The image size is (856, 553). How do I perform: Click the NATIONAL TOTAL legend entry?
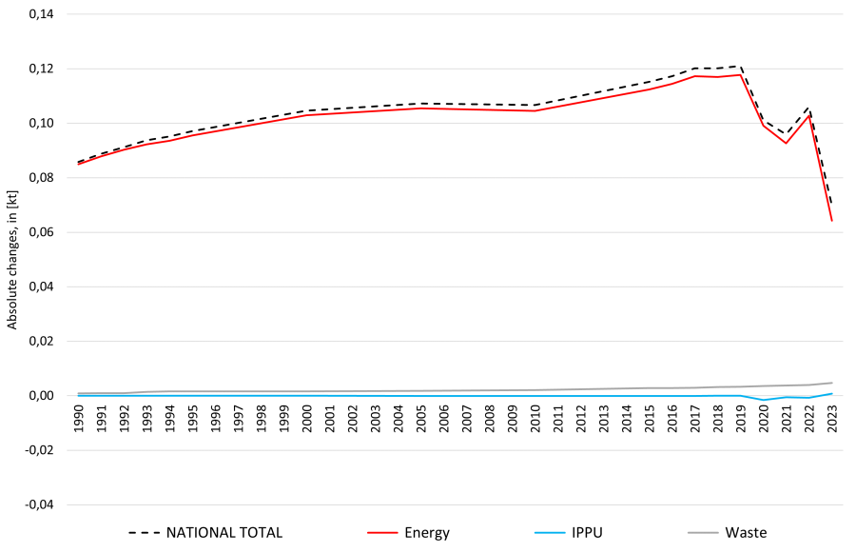tap(205, 533)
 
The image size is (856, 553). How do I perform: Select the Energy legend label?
tap(408, 533)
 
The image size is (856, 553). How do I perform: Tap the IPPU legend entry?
tap(569, 533)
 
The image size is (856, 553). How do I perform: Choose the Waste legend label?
tap(728, 533)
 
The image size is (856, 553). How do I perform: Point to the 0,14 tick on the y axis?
tap(41, 14)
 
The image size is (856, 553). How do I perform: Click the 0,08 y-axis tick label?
tap(41, 178)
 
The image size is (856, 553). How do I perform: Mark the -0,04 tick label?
tap(39, 504)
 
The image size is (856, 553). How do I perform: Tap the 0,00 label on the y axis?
tap(41, 396)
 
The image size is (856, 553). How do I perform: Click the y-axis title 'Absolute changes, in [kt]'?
tap(12, 260)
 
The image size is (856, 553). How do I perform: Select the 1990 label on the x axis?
tap(79, 419)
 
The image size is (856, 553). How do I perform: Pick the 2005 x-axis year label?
tap(421, 419)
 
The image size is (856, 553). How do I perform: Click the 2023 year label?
tap(832, 419)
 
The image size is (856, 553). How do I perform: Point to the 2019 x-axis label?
tap(741, 419)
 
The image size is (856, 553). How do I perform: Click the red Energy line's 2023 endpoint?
tap(831, 221)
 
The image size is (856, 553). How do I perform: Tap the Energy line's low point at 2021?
tap(787, 143)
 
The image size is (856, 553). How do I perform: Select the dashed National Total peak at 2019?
tap(741, 66)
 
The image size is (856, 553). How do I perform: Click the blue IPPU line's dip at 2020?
tap(763, 400)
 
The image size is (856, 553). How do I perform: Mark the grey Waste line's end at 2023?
tap(831, 383)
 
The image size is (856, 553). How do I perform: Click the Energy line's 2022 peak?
tap(809, 115)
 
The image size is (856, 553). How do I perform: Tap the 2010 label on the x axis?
tap(535, 419)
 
